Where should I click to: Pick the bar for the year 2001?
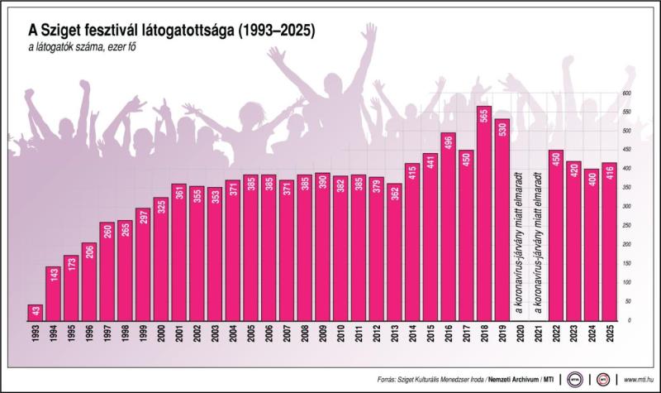tap(179, 252)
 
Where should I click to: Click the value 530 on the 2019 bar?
tap(502, 134)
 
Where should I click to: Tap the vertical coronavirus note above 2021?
tap(538, 240)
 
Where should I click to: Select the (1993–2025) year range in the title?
tap(272, 30)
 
